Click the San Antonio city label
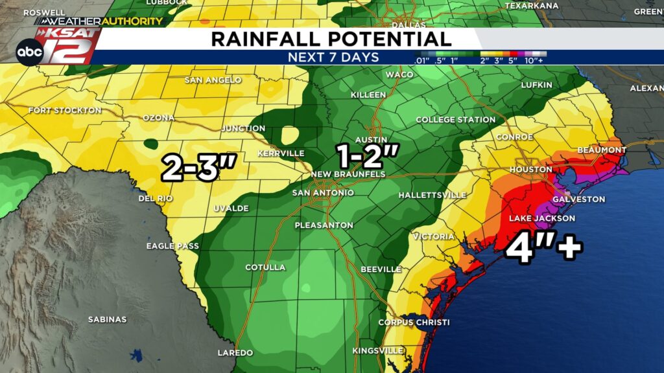pos(323,193)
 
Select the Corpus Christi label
pos(414,322)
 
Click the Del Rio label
pos(156,199)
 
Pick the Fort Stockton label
pos(65,111)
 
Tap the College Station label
pos(455,120)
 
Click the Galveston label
pos(578,199)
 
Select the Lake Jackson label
pos(541,219)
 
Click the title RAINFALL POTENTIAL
pos(331,39)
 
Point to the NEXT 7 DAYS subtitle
pos(333,58)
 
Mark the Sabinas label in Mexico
pos(107,319)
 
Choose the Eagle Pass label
pos(172,246)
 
